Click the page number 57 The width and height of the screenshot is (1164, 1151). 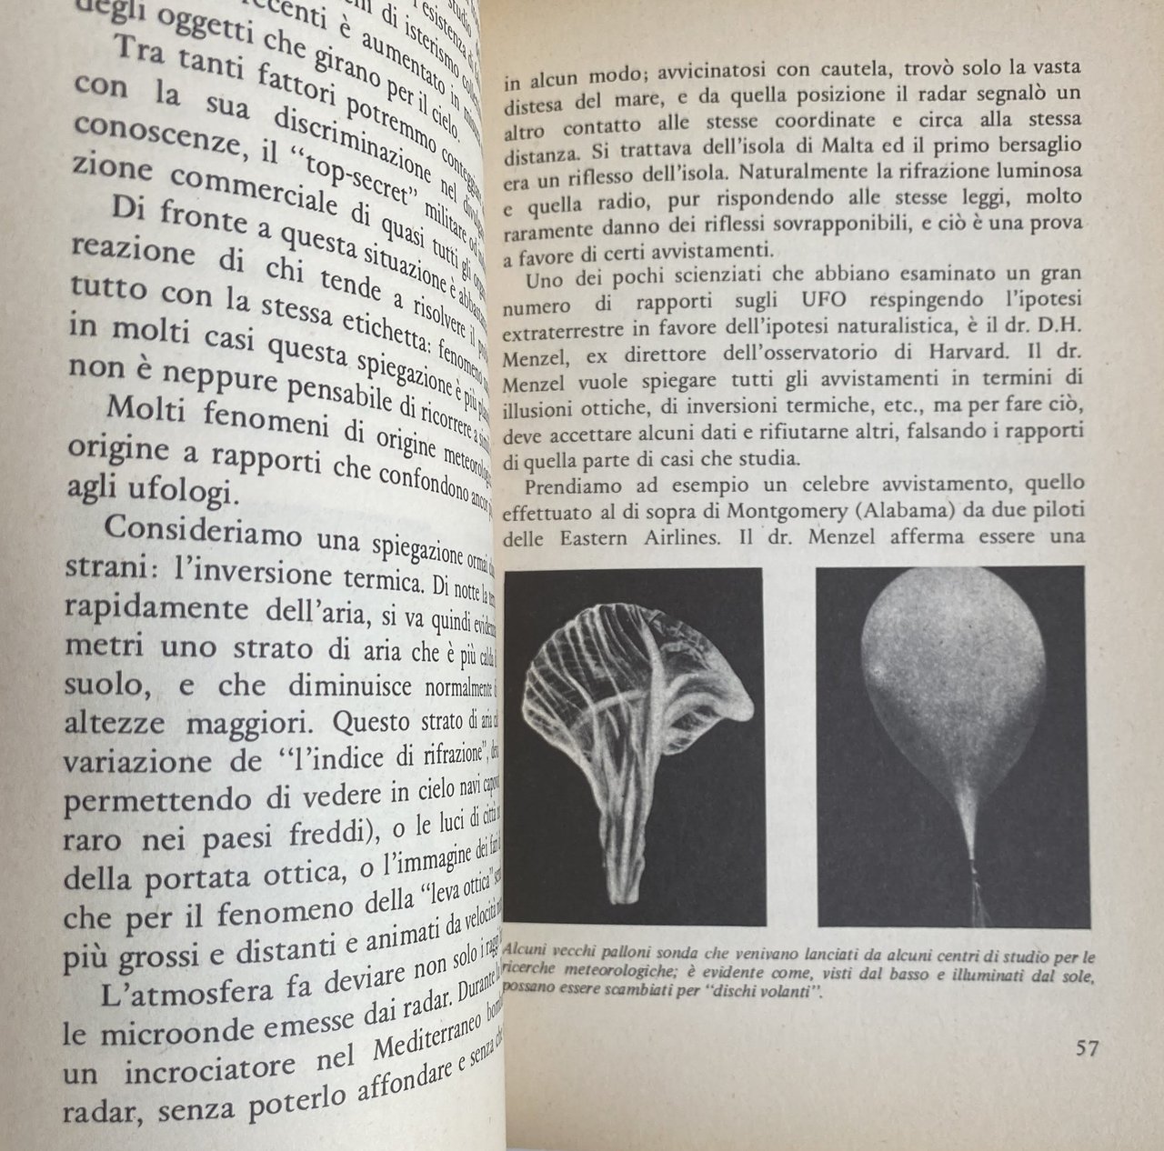click(x=1088, y=1048)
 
